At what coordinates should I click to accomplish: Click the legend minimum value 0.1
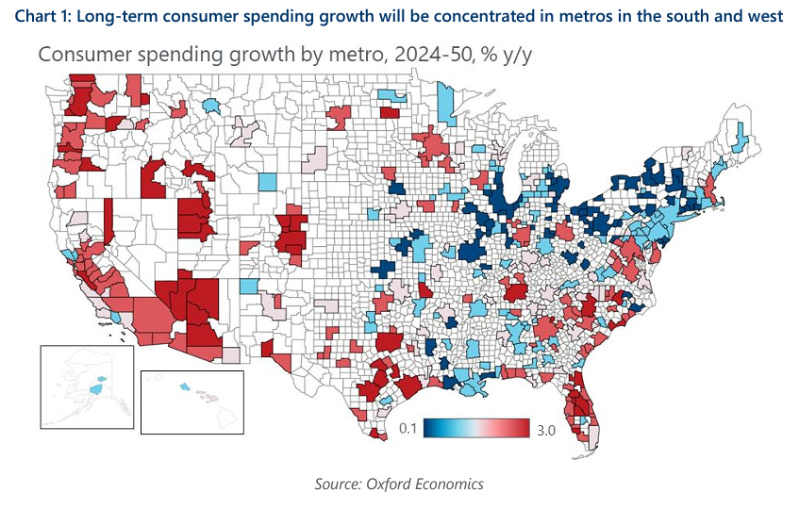pos(408,429)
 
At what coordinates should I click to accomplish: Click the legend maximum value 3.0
pos(544,430)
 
